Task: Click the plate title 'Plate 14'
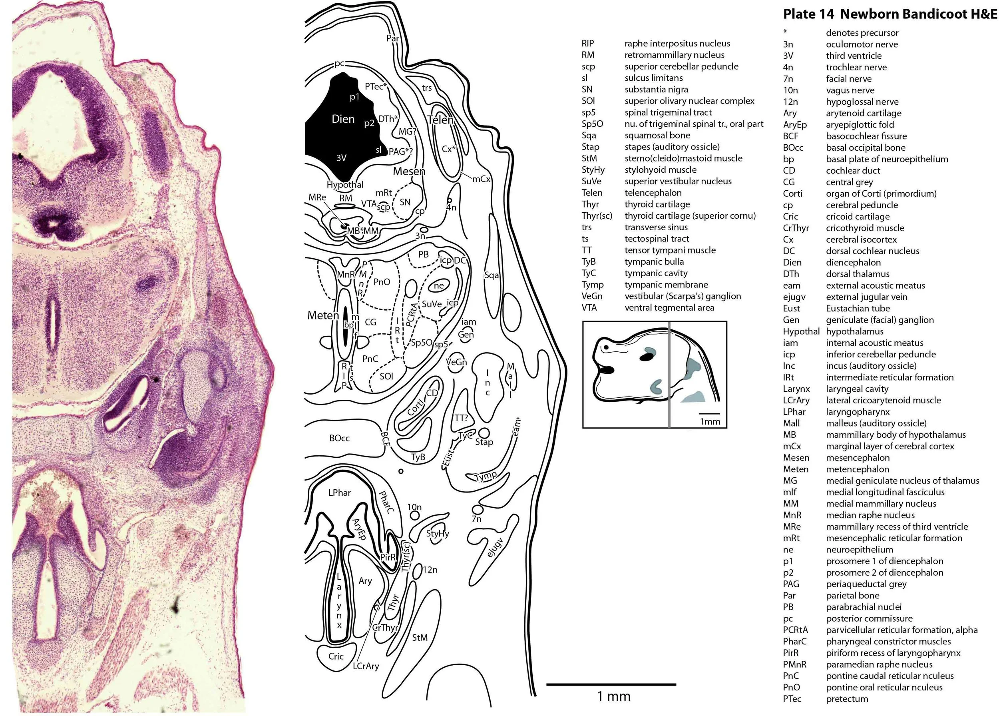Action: (x=808, y=14)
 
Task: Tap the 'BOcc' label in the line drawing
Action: (x=339, y=439)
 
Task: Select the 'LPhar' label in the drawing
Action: (x=340, y=493)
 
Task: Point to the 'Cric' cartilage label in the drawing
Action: (x=336, y=656)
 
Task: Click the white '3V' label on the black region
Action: (x=341, y=158)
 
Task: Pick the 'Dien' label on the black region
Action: (x=343, y=119)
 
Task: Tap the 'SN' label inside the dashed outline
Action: (x=405, y=202)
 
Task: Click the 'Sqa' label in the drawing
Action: (x=492, y=275)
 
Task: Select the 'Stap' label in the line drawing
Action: (x=484, y=442)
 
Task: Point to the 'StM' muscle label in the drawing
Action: (x=420, y=637)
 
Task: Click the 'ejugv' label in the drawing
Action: (x=496, y=548)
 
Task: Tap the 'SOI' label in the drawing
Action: (x=386, y=376)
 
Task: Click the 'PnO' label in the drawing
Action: (x=382, y=282)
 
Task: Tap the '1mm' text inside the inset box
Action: (x=710, y=422)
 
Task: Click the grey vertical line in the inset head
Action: (x=669, y=375)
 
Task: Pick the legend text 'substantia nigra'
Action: (x=656, y=90)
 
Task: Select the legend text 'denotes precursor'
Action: (x=862, y=33)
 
